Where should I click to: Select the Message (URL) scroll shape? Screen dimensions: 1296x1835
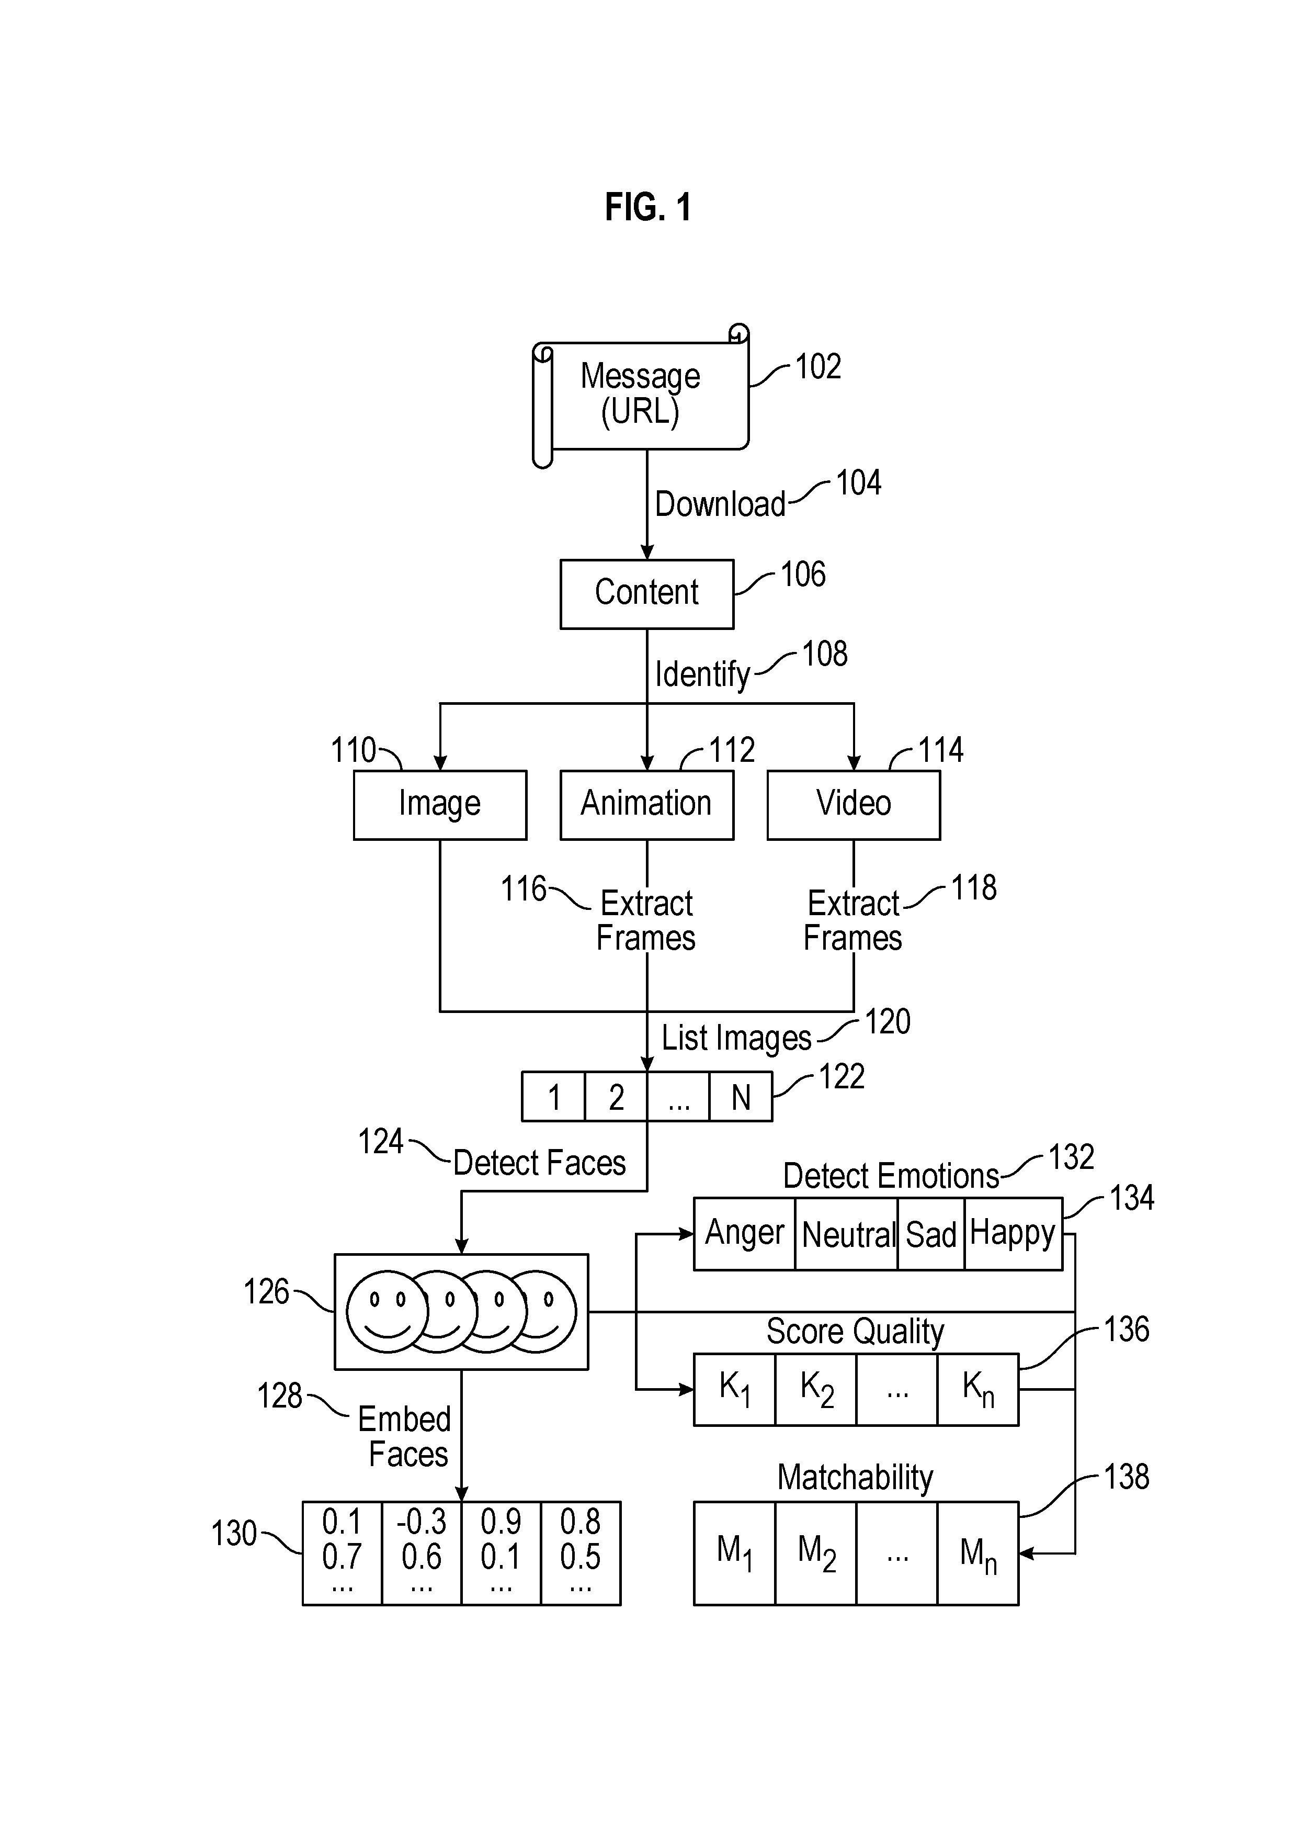(x=641, y=396)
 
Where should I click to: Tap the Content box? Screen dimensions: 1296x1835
(x=646, y=594)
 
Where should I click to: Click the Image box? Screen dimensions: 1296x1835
(x=439, y=805)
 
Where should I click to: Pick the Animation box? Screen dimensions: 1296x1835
(x=646, y=805)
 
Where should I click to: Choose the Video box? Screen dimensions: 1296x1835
(x=854, y=805)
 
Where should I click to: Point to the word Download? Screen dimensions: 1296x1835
(x=720, y=504)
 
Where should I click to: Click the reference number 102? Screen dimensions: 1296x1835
(x=818, y=367)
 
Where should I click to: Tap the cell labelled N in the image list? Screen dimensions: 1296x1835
(x=741, y=1097)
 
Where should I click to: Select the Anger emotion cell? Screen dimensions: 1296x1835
(x=745, y=1233)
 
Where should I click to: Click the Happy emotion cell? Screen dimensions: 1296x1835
(x=1013, y=1233)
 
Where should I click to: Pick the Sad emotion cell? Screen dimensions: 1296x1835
(x=931, y=1233)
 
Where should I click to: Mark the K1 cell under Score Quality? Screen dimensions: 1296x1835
(x=734, y=1389)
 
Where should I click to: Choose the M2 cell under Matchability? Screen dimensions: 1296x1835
(x=816, y=1553)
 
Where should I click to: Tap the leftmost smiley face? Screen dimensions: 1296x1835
(x=388, y=1312)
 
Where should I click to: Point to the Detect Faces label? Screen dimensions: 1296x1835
(x=539, y=1163)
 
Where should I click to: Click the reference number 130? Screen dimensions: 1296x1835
(x=233, y=1534)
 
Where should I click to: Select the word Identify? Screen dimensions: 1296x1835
(x=702, y=674)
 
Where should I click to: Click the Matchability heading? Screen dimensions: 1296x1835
(x=855, y=1478)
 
